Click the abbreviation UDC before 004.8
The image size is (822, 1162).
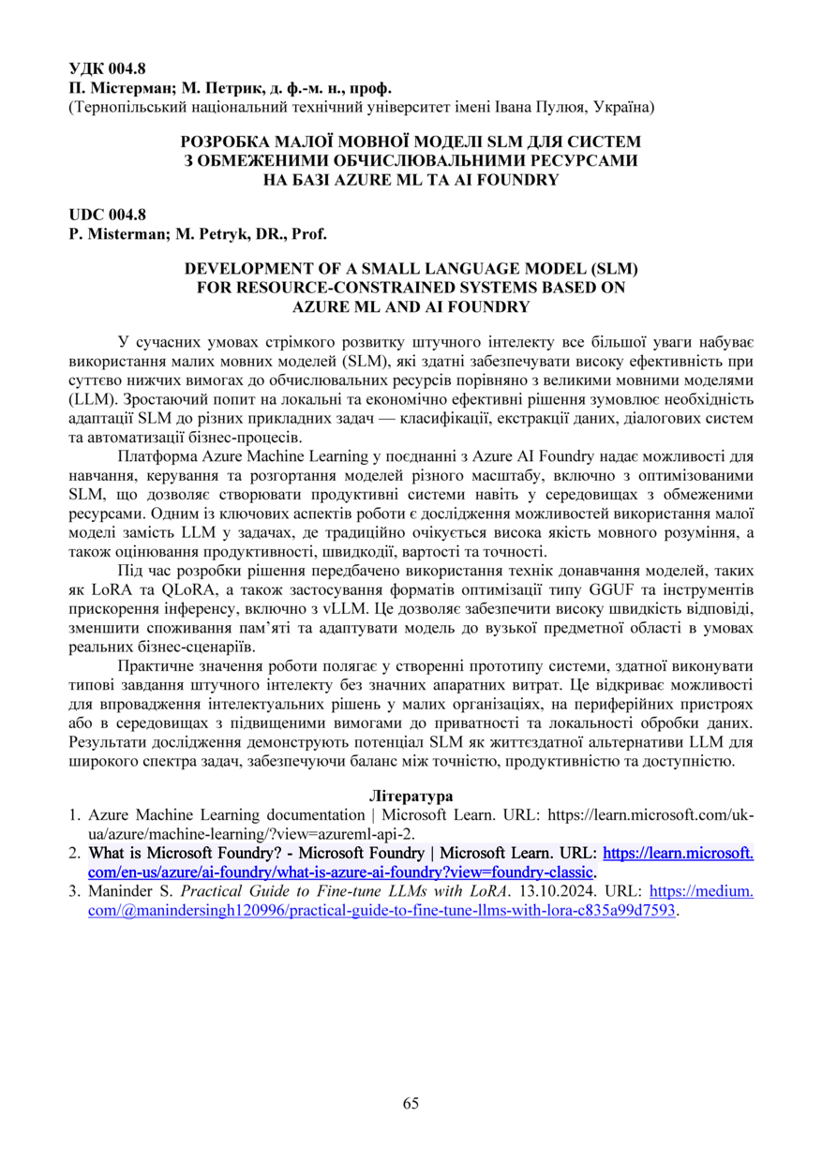pyautogui.click(x=87, y=215)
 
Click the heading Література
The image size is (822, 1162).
pyautogui.click(x=411, y=795)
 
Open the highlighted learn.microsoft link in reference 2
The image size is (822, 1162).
pyautogui.click(x=678, y=854)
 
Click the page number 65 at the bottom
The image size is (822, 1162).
pyautogui.click(x=411, y=1103)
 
